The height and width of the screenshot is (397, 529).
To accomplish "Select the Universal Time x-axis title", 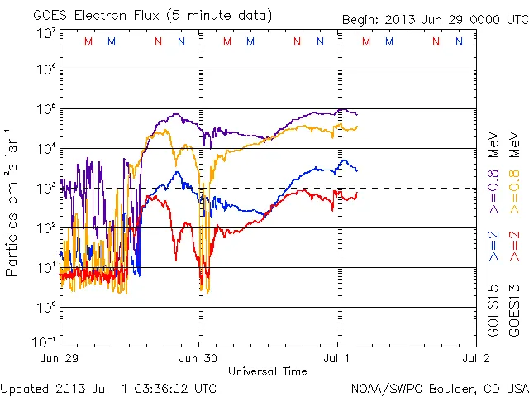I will click(267, 371).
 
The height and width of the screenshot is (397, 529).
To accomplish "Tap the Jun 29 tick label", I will click(60, 358).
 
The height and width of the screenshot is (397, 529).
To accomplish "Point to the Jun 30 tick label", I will click(198, 358).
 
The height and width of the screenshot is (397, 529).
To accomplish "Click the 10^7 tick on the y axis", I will click(45, 33).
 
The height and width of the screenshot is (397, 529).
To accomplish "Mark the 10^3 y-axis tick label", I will click(45, 188).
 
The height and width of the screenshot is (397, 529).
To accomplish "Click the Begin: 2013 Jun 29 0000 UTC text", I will click(433, 18).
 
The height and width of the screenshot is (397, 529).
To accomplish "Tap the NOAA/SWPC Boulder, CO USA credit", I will click(439, 388).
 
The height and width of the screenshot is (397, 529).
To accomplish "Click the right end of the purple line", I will click(356, 113).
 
